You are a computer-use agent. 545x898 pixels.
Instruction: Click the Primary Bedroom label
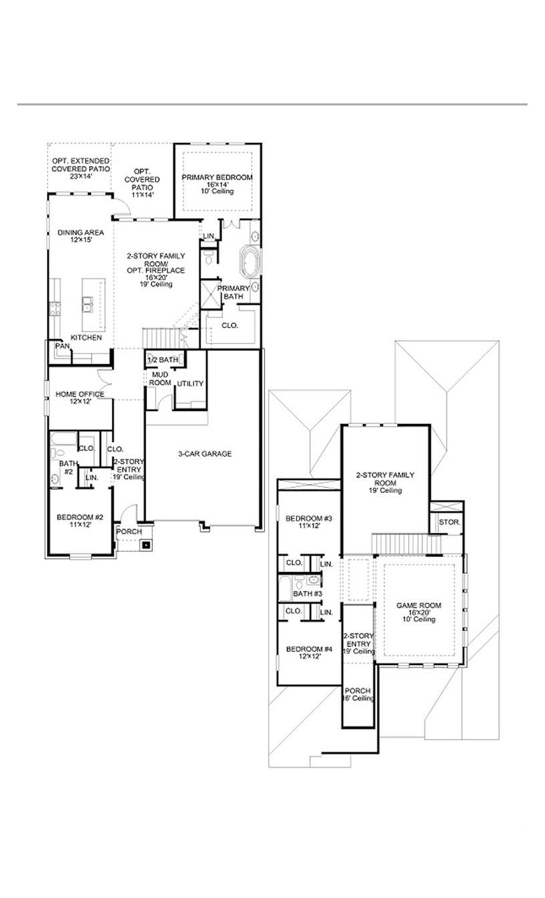(217, 177)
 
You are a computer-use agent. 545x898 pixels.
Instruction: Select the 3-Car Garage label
(204, 454)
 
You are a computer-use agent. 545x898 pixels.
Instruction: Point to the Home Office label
(79, 394)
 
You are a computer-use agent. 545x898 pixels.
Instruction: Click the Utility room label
(190, 384)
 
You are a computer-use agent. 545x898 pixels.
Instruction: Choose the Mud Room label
(160, 379)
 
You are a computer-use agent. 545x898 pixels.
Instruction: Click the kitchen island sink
(87, 305)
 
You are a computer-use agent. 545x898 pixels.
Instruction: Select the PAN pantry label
(62, 346)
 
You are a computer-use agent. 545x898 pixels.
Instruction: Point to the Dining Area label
(79, 233)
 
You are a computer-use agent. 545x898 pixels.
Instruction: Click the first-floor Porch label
(129, 532)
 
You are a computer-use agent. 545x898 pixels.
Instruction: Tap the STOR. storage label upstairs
(449, 522)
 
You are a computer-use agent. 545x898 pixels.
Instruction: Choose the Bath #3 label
(308, 593)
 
